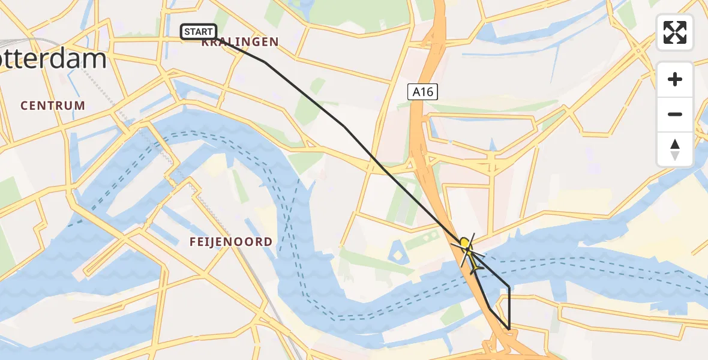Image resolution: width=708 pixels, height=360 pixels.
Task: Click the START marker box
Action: [x=199, y=31]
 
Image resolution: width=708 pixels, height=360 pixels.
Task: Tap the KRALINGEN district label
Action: [x=240, y=42]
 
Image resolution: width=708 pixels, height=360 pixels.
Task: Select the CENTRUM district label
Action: [x=53, y=106]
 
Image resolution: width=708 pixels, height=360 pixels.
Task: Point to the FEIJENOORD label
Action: [x=231, y=242]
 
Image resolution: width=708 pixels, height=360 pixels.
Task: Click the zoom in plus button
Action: [x=675, y=79]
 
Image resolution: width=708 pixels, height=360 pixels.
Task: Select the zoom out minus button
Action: [x=675, y=114]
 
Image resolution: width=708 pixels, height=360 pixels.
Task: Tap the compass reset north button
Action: [x=675, y=149]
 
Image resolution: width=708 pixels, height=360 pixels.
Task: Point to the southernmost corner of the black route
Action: [x=509, y=329]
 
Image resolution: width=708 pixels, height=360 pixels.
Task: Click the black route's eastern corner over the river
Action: [x=509, y=287]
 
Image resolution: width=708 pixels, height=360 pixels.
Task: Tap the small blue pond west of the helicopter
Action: [x=397, y=252]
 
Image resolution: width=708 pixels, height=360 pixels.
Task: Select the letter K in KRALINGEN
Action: [x=205, y=42]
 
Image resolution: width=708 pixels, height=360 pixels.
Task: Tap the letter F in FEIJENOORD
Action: [x=192, y=242]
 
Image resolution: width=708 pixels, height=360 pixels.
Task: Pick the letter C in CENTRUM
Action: [x=25, y=106]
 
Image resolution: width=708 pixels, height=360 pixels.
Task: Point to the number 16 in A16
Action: [x=428, y=92]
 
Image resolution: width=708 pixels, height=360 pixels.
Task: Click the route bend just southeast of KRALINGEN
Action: [x=265, y=62]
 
